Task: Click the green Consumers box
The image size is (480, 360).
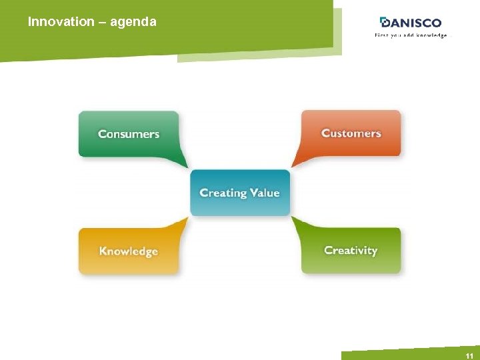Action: tap(129, 134)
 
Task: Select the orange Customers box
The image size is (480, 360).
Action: tap(351, 133)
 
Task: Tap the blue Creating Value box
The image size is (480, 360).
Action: tap(240, 193)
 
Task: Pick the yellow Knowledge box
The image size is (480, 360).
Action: tap(129, 251)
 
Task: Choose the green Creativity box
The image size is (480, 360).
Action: tap(351, 251)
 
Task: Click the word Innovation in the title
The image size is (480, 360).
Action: tap(61, 22)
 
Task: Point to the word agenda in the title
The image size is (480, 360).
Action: tap(133, 22)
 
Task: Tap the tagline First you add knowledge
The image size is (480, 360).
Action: tap(411, 35)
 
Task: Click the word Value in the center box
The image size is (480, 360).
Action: tap(265, 193)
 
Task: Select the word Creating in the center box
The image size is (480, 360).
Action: tap(223, 193)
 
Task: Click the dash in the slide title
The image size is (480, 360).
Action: tap(102, 22)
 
